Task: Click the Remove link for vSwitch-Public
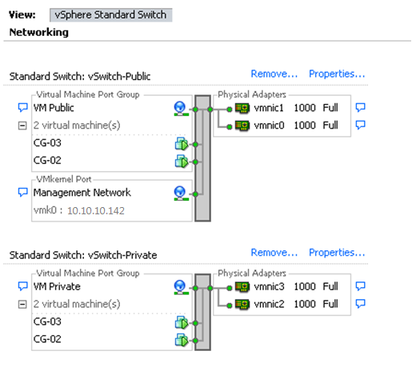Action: [x=274, y=74]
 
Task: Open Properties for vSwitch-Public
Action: [x=337, y=74]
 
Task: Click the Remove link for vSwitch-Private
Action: [x=274, y=253]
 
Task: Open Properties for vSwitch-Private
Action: [x=337, y=253]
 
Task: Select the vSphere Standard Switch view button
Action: [x=110, y=15]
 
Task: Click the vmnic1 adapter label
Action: [x=269, y=108]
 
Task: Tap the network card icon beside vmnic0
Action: [x=242, y=126]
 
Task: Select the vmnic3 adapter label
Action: [x=269, y=286]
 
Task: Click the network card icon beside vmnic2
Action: [x=242, y=304]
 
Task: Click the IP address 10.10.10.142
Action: [x=96, y=211]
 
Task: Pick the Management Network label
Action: [x=82, y=193]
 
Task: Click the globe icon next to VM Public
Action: [x=181, y=109]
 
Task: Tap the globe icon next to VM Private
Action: [x=181, y=287]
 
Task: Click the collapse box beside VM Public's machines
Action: [x=22, y=126]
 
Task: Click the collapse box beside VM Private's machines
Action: [x=22, y=304]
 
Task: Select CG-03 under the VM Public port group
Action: [x=47, y=143]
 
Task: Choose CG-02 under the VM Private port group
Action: [x=47, y=339]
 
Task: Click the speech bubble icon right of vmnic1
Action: [x=360, y=107]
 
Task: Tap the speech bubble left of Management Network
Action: [x=22, y=192]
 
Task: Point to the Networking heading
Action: [x=39, y=32]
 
